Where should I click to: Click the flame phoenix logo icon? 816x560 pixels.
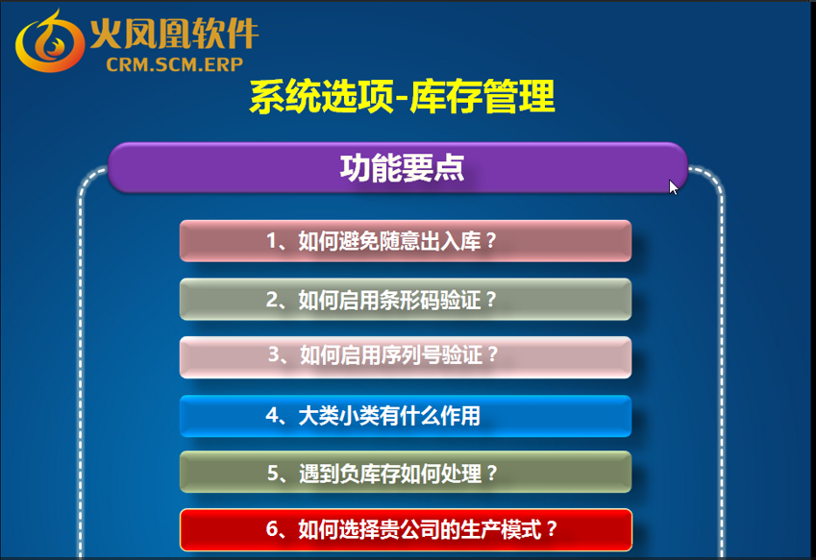[x=49, y=41]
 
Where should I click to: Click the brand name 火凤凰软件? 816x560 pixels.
[x=174, y=34]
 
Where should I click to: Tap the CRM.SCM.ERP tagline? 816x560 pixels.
[x=174, y=64]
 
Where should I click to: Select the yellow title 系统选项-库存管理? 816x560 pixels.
[x=402, y=96]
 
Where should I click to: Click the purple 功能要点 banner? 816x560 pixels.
[x=398, y=167]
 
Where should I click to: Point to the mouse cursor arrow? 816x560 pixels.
[x=674, y=187]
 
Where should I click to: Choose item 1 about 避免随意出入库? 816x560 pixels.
[x=406, y=241]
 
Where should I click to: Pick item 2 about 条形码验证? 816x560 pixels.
[x=406, y=300]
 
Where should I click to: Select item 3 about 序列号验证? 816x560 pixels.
[x=406, y=357]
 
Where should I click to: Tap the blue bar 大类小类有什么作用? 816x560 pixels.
[x=406, y=416]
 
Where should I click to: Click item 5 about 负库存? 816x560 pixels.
[x=406, y=473]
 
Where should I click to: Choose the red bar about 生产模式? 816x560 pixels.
[x=406, y=530]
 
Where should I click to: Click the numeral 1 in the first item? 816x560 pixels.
[x=271, y=241]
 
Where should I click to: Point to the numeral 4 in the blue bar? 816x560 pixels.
[x=272, y=416]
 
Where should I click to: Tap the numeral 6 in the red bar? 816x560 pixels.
[x=272, y=529]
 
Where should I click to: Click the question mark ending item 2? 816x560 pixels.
[x=490, y=300]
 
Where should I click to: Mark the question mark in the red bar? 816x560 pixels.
[x=552, y=530]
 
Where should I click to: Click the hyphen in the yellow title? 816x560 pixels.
[x=401, y=99]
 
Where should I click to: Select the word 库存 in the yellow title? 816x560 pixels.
[x=446, y=96]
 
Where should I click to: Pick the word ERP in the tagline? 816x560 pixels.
[x=224, y=64]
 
